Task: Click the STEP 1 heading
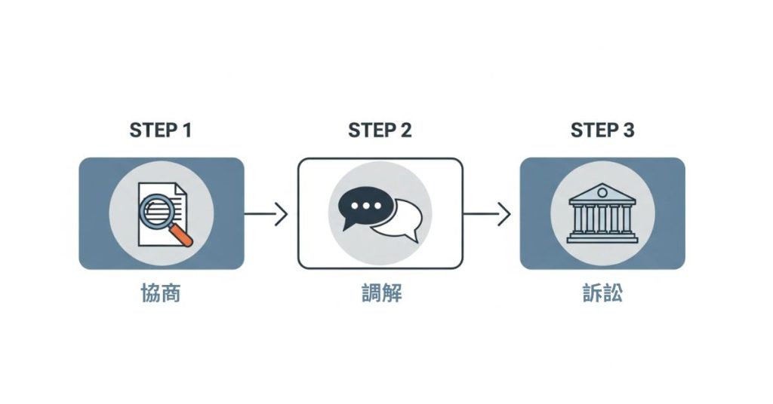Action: click(160, 130)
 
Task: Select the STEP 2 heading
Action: click(380, 130)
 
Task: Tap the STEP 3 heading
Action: click(602, 130)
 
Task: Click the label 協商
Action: click(161, 293)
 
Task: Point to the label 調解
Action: click(381, 293)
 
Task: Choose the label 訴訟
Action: click(602, 293)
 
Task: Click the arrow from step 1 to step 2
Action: click(266, 214)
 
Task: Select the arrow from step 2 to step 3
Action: click(487, 214)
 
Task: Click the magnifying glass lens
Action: click(157, 210)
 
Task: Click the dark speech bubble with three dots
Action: click(367, 207)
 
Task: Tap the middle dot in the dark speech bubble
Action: click(366, 206)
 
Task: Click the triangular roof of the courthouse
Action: click(602, 193)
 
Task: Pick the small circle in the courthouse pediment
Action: click(602, 194)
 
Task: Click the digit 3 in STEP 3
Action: click(629, 130)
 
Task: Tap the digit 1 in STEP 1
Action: click(186, 130)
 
